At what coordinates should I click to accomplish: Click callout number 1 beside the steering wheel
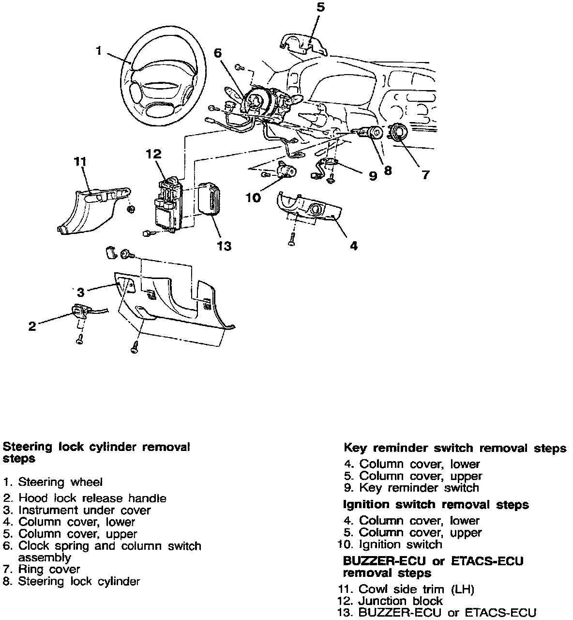(x=99, y=50)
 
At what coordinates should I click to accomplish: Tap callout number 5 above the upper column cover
(x=321, y=7)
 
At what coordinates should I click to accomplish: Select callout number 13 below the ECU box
(x=224, y=246)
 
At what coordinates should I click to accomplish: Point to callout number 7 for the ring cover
(x=425, y=174)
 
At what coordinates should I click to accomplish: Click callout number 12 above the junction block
(x=153, y=155)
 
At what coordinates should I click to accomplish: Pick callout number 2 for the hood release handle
(x=32, y=326)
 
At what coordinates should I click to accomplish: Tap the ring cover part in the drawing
(x=400, y=131)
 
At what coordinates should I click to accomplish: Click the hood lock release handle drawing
(x=80, y=311)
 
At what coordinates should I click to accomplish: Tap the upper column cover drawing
(x=303, y=45)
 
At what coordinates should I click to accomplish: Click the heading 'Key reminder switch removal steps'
(x=454, y=448)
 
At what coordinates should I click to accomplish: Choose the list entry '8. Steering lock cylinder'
(x=72, y=581)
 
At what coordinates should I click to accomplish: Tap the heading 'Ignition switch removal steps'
(x=436, y=505)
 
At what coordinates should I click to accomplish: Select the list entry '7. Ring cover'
(x=42, y=569)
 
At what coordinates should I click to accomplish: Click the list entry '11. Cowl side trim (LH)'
(x=406, y=589)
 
